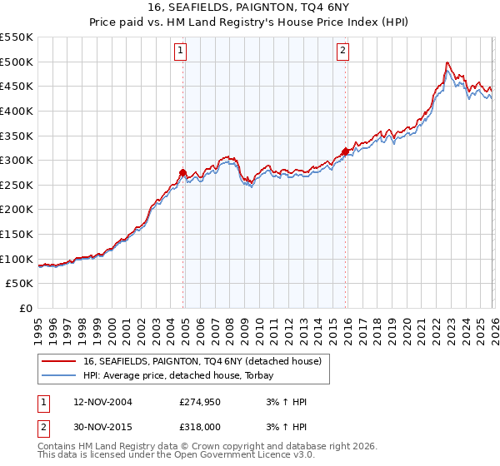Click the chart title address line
[x=249, y=7]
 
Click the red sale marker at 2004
[x=183, y=172]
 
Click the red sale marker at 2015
[x=346, y=151]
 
